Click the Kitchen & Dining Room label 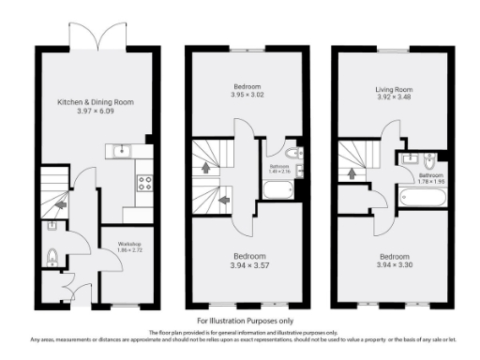click(x=97, y=100)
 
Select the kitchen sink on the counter click(x=121, y=150)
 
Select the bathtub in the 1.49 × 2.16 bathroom click(x=278, y=190)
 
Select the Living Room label click(x=394, y=90)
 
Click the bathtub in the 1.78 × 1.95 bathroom click(x=424, y=200)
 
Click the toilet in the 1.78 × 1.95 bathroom click(x=431, y=158)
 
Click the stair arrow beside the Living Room click(x=351, y=172)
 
